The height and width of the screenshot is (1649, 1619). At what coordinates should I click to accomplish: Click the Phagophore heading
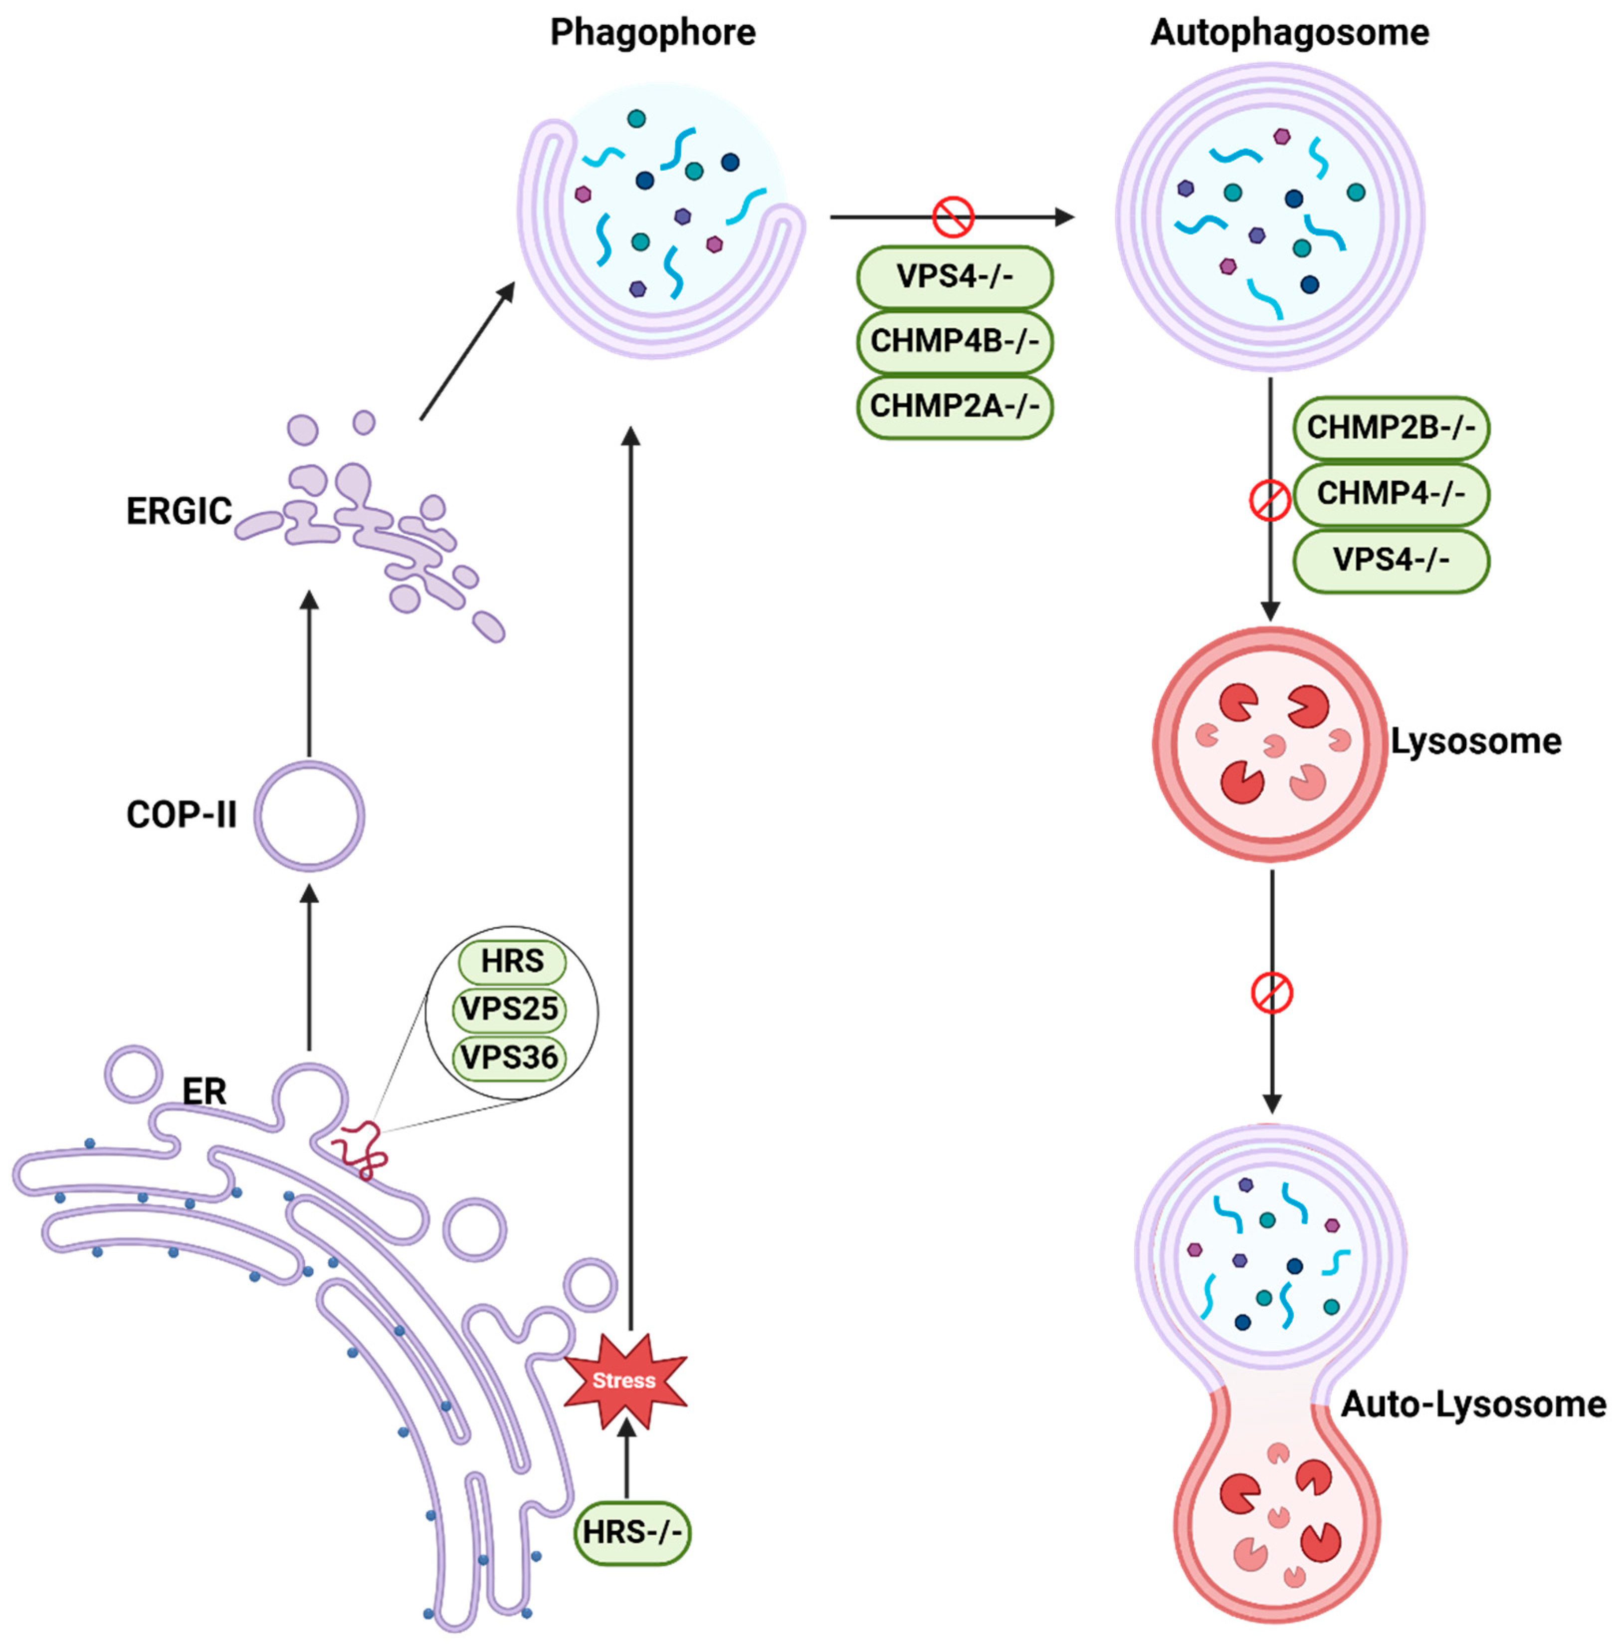[652, 33]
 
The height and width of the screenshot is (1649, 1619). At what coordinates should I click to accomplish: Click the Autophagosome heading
[1289, 33]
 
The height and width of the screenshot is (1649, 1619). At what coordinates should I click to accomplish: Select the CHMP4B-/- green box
[954, 342]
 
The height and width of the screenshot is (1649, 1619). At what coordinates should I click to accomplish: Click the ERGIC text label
[179, 512]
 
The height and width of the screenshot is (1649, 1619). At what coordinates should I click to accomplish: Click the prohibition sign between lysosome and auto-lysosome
[1271, 993]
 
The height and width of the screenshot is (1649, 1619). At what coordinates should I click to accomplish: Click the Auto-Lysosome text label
[1473, 1404]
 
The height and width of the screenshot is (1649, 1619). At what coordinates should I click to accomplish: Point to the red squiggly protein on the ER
[362, 1148]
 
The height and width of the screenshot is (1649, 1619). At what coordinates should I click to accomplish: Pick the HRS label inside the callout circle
[512, 961]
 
